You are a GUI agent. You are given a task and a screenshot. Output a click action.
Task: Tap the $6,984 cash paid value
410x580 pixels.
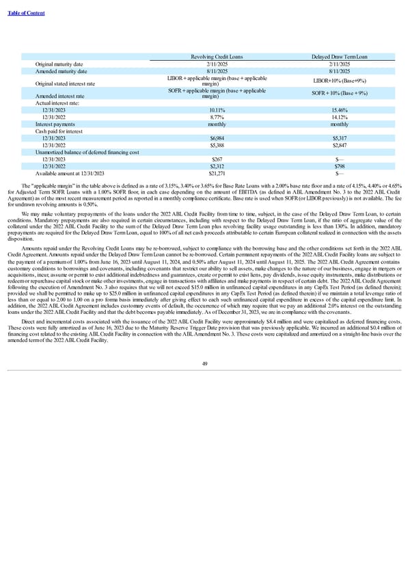(x=219, y=138)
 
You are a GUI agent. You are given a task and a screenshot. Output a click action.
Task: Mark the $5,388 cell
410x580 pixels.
(x=219, y=145)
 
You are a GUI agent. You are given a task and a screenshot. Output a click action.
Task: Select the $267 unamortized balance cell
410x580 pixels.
(x=219, y=159)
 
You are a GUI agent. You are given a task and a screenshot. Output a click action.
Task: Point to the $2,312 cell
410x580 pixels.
(x=219, y=166)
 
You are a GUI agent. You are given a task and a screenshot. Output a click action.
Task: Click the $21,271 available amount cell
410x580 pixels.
(x=219, y=174)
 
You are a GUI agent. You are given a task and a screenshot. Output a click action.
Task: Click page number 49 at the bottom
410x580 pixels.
(x=205, y=363)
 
